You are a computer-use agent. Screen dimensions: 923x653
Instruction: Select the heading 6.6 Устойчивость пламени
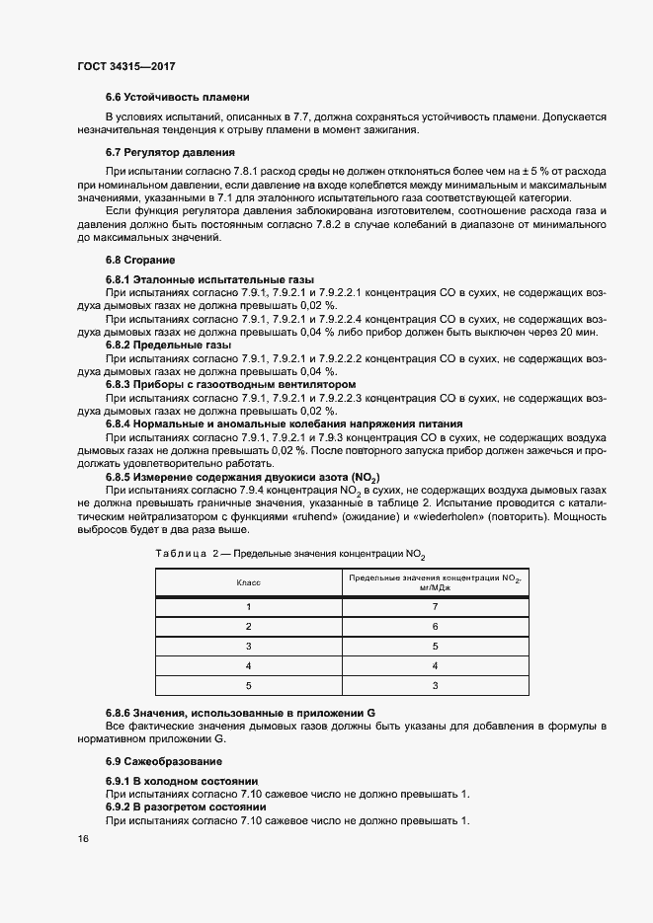pos(176,97)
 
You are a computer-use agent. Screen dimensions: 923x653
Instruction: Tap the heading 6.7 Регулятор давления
pos(169,152)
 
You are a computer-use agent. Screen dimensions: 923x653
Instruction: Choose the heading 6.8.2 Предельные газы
pos(168,346)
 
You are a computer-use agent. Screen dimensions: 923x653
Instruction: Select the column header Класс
pos(249,583)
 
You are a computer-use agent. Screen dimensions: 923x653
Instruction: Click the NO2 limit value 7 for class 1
pos(434,607)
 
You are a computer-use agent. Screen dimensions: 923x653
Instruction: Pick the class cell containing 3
pos(249,647)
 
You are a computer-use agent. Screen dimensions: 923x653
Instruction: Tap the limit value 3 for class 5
pos(434,686)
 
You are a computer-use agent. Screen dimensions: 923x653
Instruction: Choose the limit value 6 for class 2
pos(434,627)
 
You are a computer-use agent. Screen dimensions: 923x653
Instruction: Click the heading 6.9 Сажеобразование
pos(163,761)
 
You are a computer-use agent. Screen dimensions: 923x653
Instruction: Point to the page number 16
pos(82,838)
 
